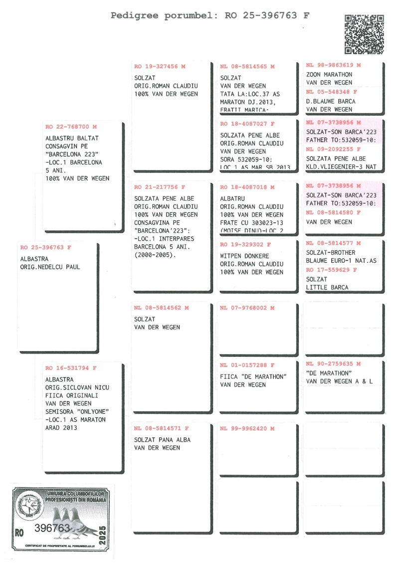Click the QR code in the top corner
tap(364, 34)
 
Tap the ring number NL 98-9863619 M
tap(334, 65)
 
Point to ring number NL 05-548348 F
tap(332, 92)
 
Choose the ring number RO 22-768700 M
tap(71, 127)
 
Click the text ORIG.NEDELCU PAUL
tap(50, 267)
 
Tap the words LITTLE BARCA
tap(327, 287)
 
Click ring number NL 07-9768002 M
tap(247, 308)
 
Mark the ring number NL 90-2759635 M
tap(334, 364)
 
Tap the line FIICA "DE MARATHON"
tap(253, 376)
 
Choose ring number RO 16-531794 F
tap(71, 368)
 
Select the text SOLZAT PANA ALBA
tap(162, 440)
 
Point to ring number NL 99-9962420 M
tap(247, 428)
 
